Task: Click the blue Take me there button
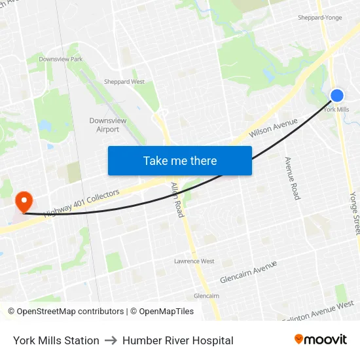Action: point(179,160)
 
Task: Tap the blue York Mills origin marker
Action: point(337,96)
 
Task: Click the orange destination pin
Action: point(24,201)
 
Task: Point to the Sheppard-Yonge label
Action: point(319,18)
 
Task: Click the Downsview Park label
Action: point(60,59)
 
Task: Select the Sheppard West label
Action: point(124,82)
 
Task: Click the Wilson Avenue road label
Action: point(273,128)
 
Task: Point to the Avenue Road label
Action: point(291,178)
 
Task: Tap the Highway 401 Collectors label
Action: point(82,204)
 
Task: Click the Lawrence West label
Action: point(194,261)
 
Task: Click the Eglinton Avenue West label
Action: point(319,310)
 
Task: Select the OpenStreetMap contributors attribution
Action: point(65,312)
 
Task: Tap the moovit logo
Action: point(320,340)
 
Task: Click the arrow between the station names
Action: point(111,340)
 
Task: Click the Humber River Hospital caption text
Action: point(177,340)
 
